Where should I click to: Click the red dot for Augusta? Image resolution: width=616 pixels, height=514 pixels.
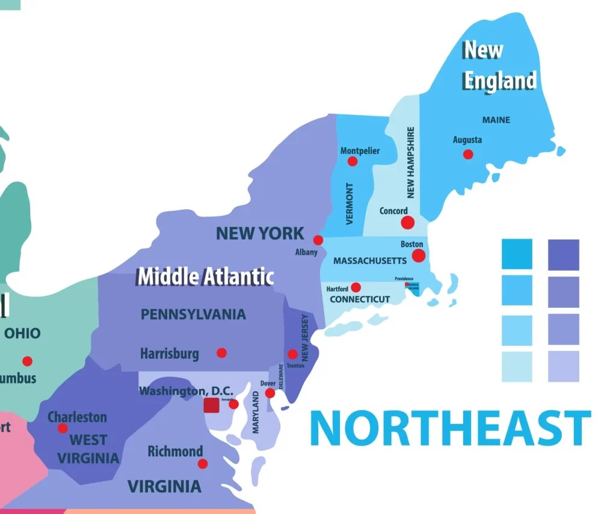point(468,155)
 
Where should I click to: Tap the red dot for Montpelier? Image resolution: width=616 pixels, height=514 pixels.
point(353,161)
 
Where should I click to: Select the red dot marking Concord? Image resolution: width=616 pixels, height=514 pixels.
point(408,222)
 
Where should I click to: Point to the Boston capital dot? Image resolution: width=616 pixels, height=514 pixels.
point(419,255)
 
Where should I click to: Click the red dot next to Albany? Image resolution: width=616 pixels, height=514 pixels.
point(318,240)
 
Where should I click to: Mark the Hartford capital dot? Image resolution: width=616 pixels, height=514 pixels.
point(356,287)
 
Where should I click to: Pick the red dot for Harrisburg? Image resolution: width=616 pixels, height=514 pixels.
point(221,353)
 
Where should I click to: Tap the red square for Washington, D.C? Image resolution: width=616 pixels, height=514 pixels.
point(211,405)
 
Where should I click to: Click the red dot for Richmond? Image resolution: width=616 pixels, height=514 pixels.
point(203,464)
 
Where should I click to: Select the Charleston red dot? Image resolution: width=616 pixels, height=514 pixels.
point(63,428)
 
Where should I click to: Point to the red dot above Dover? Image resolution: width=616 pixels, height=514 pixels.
point(270,393)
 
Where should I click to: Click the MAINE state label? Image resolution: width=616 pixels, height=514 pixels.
point(496,120)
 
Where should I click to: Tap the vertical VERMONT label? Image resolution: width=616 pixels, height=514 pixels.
point(350,203)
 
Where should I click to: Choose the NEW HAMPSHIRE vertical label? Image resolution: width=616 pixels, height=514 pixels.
point(411,162)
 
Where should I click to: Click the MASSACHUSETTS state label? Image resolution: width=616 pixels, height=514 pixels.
point(370,261)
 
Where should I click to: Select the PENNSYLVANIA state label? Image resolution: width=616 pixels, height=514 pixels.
point(193,314)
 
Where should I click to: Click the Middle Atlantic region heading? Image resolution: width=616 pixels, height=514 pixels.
point(205,277)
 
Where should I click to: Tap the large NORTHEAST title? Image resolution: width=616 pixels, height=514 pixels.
point(450,428)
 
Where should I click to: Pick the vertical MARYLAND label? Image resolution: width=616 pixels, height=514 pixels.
point(256,412)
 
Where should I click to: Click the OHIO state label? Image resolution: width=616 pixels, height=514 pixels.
point(22,333)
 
